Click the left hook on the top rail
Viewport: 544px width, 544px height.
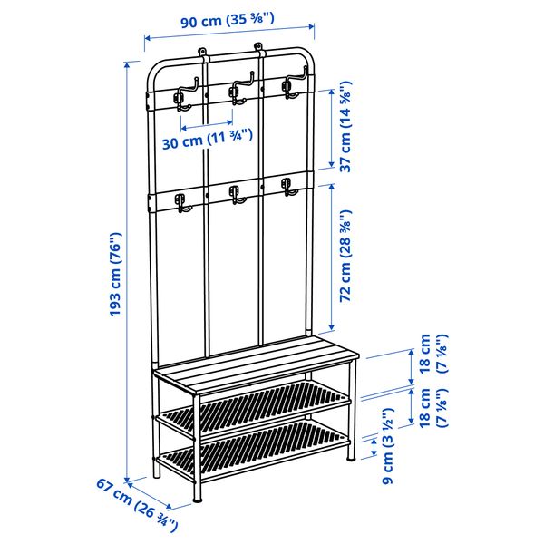(x=182, y=95)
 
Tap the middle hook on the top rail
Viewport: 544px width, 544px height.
(x=238, y=92)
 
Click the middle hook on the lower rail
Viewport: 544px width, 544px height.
(x=236, y=196)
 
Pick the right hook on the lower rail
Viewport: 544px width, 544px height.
(x=289, y=189)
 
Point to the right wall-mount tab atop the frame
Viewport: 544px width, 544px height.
(x=262, y=45)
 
